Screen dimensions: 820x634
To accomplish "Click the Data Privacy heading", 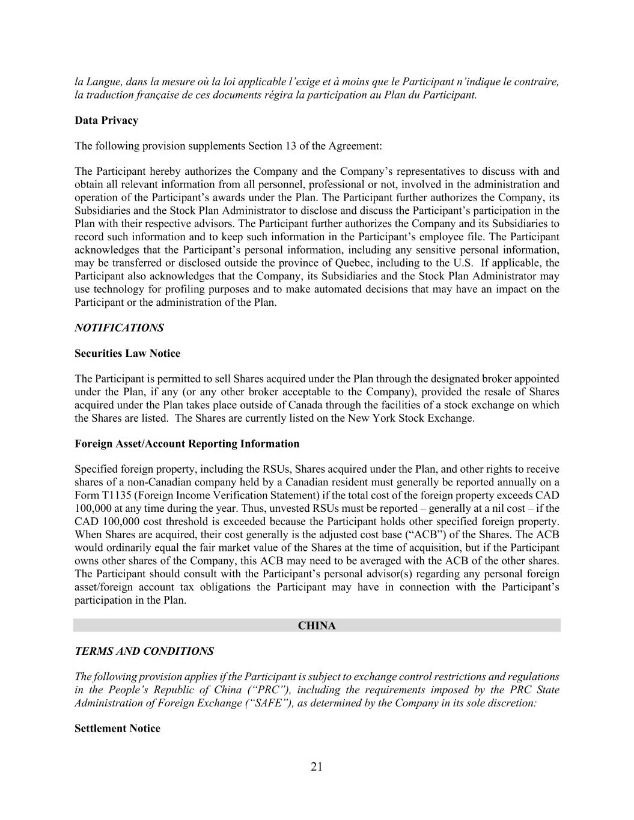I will tap(106, 120).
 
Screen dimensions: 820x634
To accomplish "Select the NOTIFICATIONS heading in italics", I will tap(119, 328).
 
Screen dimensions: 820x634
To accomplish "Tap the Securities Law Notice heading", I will tap(127, 353).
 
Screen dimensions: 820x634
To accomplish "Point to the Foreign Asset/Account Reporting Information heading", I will tap(186, 444).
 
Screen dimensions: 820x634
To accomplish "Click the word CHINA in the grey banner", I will tap(317, 626).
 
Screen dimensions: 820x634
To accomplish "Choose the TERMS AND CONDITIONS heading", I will tap(144, 651).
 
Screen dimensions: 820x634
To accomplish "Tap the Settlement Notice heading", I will tap(117, 729).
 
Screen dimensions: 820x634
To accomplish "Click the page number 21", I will tap(317, 767).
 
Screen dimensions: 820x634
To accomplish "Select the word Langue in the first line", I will tap(97, 82).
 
